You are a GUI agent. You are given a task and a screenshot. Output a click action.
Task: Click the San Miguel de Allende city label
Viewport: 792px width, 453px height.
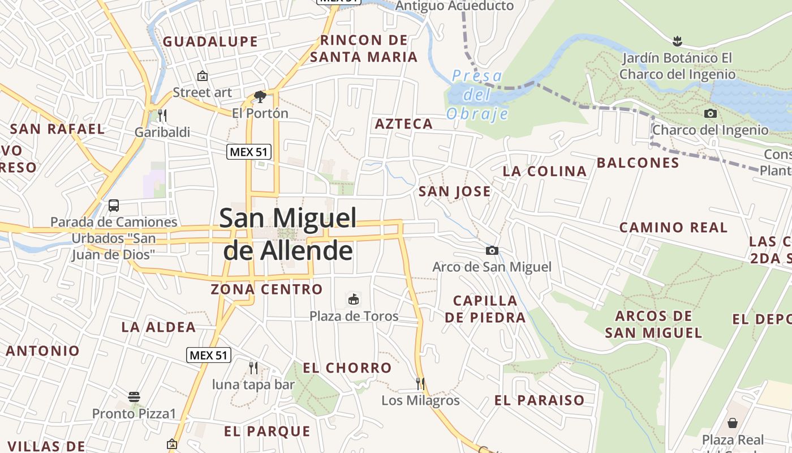point(289,233)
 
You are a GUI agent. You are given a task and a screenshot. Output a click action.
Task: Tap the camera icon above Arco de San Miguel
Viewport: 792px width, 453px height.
point(492,250)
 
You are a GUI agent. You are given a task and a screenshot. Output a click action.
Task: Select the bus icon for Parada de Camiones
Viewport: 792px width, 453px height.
point(114,205)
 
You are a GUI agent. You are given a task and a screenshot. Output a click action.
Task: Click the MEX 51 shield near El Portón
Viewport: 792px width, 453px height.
point(249,152)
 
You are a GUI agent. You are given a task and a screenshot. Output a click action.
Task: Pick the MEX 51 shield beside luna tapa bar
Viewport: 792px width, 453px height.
point(209,355)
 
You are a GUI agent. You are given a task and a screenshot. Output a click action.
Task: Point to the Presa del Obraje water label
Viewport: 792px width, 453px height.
point(477,95)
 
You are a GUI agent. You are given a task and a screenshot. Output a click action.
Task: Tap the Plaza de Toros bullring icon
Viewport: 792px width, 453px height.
point(354,299)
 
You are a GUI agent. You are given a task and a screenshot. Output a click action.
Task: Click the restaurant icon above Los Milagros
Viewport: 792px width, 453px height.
point(420,384)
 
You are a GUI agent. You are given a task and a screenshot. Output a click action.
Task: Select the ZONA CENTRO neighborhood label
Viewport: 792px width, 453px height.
point(266,289)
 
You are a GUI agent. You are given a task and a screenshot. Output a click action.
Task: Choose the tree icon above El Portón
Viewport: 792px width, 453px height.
point(260,97)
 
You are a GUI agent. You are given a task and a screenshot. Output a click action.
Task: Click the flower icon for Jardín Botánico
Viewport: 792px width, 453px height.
point(677,41)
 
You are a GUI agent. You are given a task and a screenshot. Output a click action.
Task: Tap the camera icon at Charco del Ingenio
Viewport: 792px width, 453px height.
point(711,113)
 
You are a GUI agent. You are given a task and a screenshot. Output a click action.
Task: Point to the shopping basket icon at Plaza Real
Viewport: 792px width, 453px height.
point(733,422)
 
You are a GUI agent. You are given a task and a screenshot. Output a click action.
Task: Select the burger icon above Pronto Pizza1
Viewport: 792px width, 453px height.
point(134,396)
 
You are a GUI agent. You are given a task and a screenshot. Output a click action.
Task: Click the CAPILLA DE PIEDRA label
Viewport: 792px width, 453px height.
point(485,309)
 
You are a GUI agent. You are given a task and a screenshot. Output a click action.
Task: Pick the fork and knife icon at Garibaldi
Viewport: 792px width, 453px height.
point(162,116)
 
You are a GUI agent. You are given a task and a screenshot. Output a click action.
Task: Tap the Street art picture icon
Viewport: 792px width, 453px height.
point(202,75)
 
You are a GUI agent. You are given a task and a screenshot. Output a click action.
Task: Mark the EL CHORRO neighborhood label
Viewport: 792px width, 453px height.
point(347,368)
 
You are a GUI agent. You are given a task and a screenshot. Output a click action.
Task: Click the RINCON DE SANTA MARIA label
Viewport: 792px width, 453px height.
point(364,49)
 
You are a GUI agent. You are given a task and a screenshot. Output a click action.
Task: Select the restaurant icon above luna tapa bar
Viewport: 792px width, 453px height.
point(253,368)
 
